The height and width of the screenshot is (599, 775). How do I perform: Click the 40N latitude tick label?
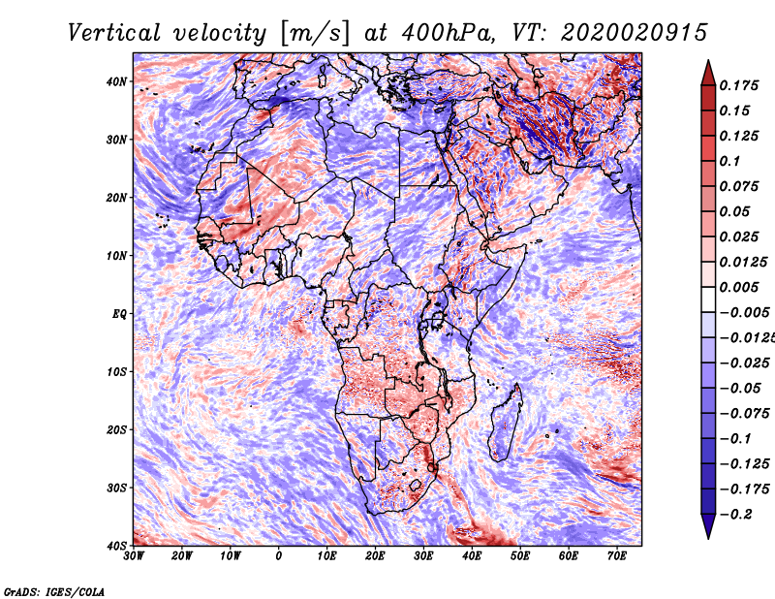(116, 81)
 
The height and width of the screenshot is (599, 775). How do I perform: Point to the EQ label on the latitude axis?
(119, 314)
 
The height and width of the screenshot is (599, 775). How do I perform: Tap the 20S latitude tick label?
(116, 429)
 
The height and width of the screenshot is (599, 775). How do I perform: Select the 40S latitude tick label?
(116, 546)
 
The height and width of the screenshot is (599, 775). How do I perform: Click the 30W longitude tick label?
(134, 556)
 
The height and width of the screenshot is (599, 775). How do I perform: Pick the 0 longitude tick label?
(279, 556)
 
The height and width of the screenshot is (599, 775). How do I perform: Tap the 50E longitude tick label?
(520, 556)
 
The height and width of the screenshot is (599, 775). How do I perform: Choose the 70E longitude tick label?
(617, 556)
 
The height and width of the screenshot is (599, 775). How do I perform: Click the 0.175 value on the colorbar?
(739, 85)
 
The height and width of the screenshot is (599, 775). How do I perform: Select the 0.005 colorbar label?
(739, 287)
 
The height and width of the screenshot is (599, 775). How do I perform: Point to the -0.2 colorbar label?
(736, 514)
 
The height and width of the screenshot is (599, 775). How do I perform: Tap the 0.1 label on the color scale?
(730, 161)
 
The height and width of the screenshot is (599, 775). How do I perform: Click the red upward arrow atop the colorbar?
(708, 73)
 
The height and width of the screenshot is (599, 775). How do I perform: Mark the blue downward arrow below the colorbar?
(708, 526)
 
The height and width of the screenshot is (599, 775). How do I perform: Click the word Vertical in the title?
(114, 33)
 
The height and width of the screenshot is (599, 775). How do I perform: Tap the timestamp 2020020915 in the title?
(635, 33)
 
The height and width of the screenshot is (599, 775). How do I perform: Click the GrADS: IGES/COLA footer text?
(54, 591)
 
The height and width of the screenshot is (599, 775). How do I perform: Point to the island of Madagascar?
(506, 422)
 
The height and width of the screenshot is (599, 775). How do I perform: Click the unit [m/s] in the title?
(316, 33)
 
